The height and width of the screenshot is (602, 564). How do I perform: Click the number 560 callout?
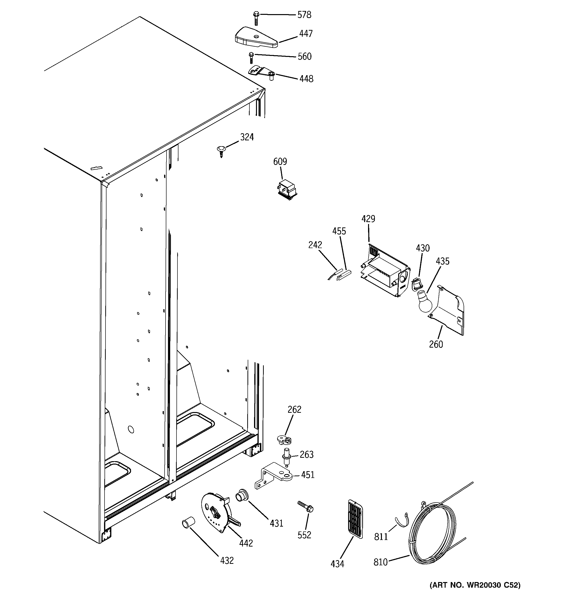(304, 56)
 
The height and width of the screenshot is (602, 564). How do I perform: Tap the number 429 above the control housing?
(368, 219)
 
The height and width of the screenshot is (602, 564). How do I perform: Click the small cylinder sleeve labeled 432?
(188, 523)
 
